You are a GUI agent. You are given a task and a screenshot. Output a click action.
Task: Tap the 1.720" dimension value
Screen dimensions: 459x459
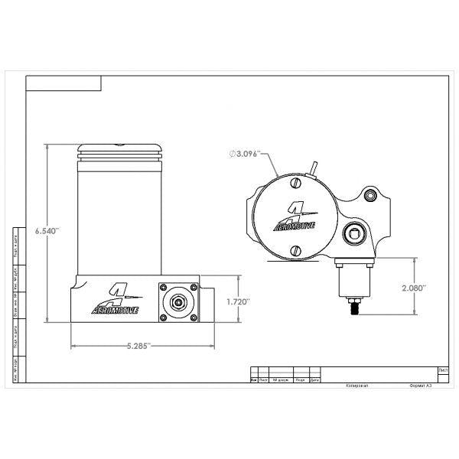(x=239, y=302)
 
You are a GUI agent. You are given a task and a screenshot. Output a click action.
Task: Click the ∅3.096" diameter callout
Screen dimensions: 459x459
(x=246, y=154)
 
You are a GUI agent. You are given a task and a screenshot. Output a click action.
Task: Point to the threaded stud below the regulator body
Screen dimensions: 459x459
(x=355, y=309)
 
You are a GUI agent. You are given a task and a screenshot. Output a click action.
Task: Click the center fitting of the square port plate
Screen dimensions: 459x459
(x=177, y=301)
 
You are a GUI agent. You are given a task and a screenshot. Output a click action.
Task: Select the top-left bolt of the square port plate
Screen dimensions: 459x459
(x=163, y=288)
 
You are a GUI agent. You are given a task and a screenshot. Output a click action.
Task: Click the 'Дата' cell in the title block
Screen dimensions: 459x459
(x=314, y=379)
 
